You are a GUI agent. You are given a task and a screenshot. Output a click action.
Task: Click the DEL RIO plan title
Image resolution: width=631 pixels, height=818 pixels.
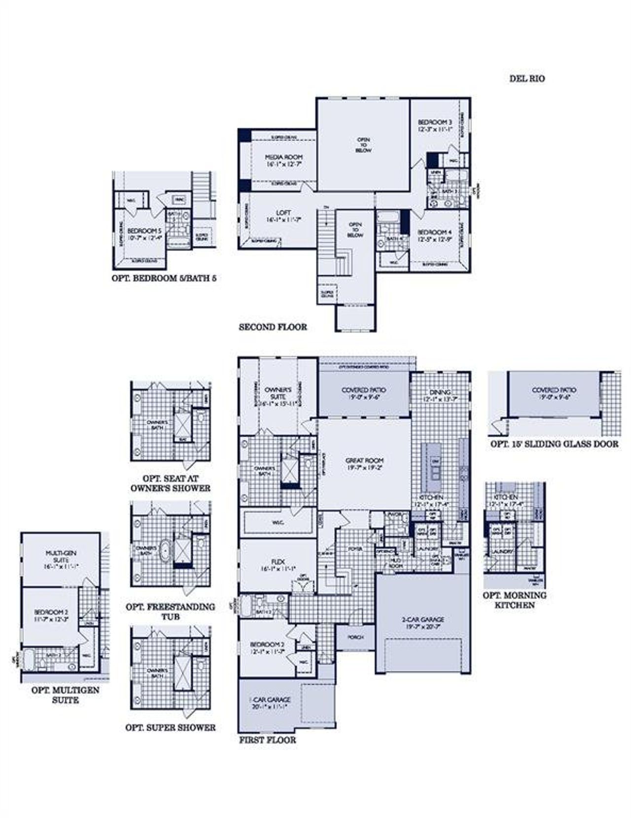click(x=527, y=78)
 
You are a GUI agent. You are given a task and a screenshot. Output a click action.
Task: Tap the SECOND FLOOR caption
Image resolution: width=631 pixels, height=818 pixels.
click(x=273, y=327)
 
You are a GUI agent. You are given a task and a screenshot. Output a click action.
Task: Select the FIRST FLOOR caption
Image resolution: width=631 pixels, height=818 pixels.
click(x=268, y=740)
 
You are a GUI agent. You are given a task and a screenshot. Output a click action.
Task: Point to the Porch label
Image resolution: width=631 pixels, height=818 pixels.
click(x=355, y=637)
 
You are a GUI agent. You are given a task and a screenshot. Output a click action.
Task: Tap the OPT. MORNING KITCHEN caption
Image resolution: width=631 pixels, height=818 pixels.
click(x=515, y=600)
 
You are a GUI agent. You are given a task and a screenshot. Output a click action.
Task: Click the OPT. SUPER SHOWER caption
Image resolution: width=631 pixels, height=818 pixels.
click(x=170, y=727)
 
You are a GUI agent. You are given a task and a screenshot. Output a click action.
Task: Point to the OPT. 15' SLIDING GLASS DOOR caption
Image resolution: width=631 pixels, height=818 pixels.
click(x=554, y=444)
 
